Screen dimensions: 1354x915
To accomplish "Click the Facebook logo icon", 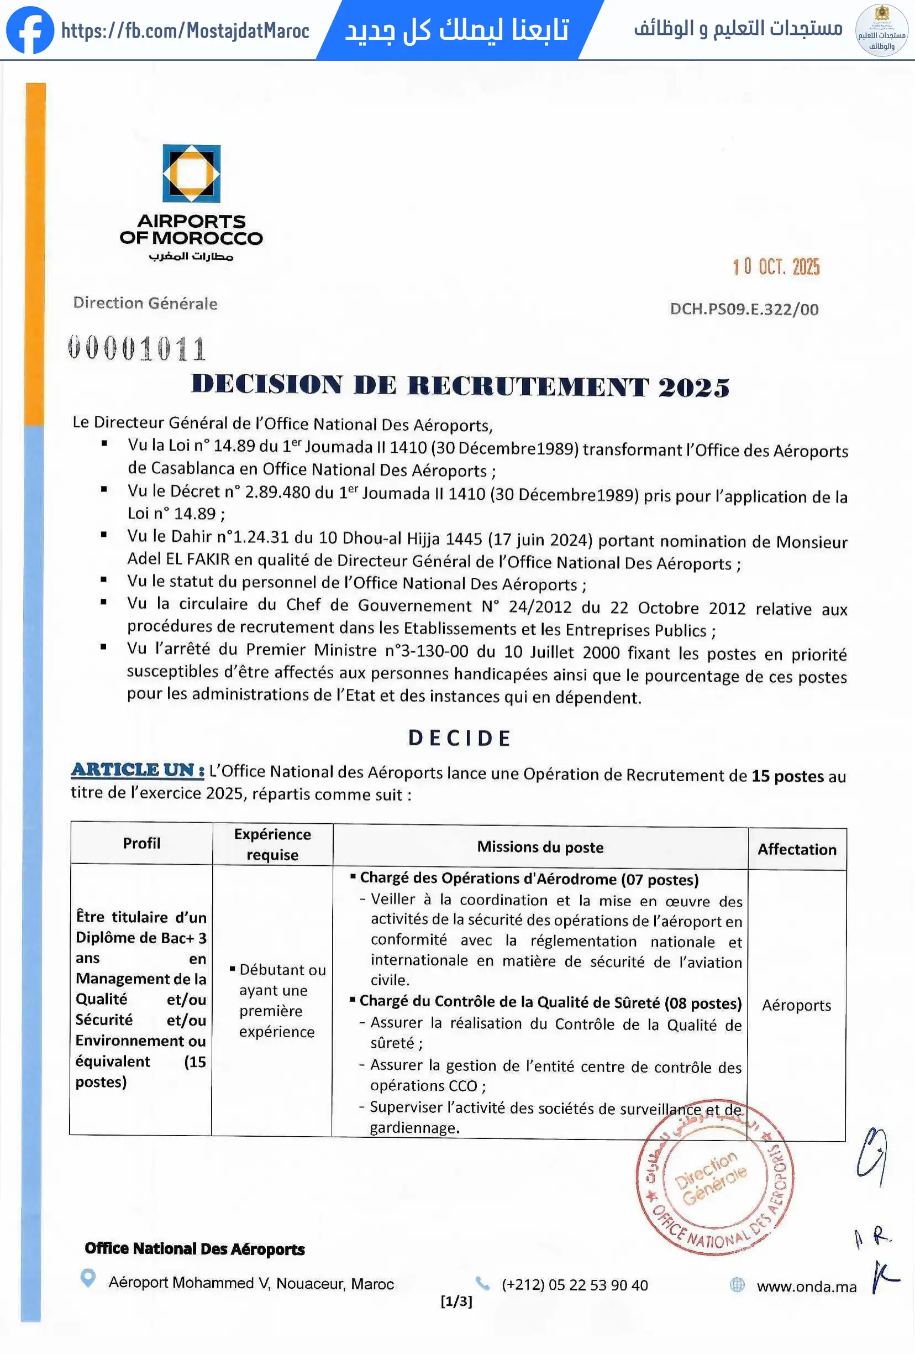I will [30, 30].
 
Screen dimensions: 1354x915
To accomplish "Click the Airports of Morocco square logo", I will [191, 173].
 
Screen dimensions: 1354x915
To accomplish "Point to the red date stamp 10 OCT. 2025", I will [776, 267].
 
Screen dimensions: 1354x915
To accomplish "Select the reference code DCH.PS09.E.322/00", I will [744, 309].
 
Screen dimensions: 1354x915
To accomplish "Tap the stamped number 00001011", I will [137, 348].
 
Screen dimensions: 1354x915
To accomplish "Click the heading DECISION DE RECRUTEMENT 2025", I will [460, 386].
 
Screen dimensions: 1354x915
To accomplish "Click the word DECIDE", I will [459, 738].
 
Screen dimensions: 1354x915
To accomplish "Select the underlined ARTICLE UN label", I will [138, 770].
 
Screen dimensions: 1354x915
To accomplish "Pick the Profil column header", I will [141, 843].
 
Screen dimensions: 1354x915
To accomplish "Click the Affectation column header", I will [797, 849].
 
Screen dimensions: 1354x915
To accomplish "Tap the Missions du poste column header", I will [540, 846].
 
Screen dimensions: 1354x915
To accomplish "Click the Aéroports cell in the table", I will [796, 1005].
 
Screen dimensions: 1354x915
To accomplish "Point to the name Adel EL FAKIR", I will [178, 559].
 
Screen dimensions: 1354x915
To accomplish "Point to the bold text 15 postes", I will [787, 776].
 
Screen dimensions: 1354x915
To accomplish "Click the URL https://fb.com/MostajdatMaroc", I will [185, 31].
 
